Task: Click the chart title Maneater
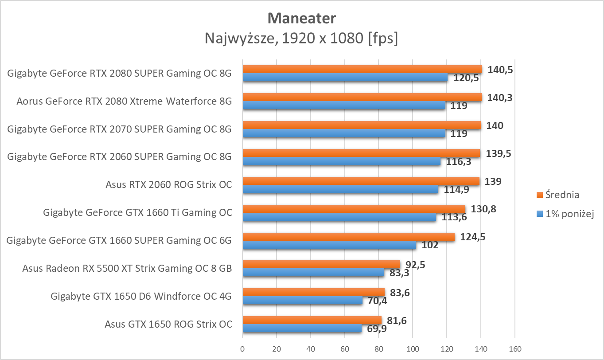302,18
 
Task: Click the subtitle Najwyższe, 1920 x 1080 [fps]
301,39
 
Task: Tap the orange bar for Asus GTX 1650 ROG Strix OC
312,320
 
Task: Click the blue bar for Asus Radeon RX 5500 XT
313,273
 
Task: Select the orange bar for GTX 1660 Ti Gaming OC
354,209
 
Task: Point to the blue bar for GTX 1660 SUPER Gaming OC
329,245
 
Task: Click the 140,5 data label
500,70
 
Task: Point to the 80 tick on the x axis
378,349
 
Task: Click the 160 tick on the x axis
514,349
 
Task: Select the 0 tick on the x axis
242,349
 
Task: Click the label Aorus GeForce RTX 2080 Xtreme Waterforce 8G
124,102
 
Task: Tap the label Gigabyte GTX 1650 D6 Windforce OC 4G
141,296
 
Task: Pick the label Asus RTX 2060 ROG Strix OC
169,185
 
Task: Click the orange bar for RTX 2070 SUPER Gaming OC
362,125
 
